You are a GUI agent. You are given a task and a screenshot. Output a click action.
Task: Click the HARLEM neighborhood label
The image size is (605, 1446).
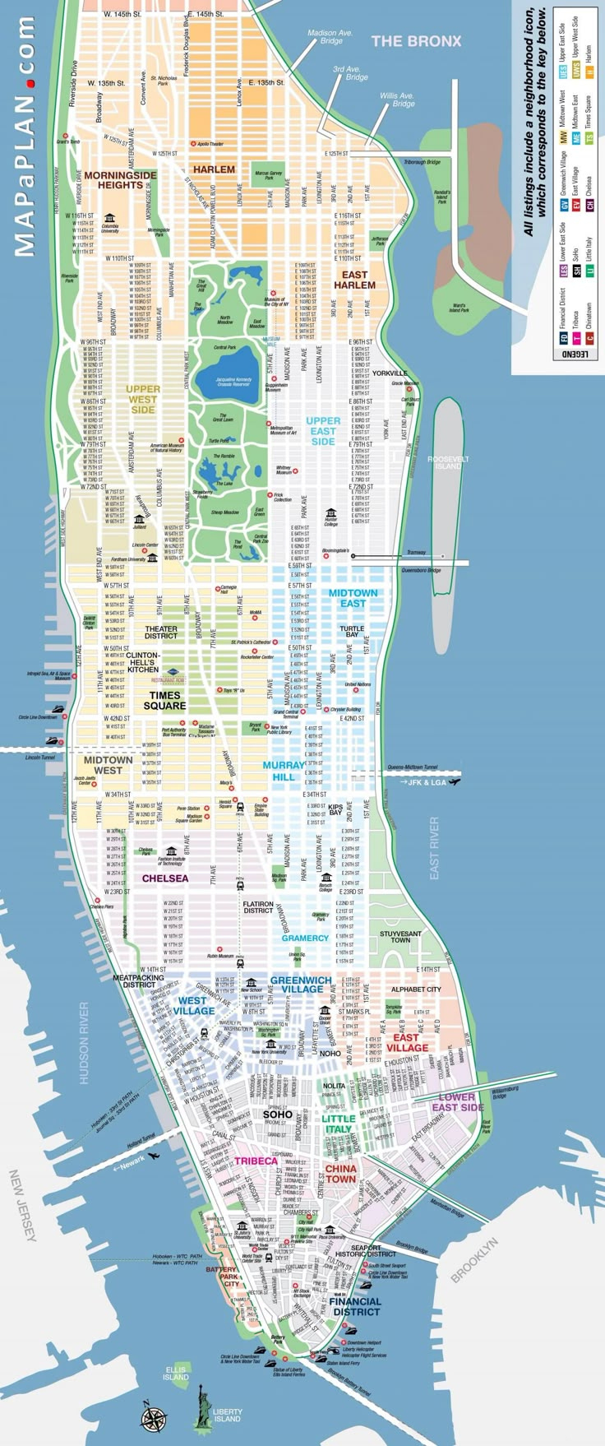click(214, 169)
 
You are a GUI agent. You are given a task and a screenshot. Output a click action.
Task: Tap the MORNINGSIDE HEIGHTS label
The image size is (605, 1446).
click(120, 180)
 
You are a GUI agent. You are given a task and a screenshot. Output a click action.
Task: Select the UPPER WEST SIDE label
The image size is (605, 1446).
click(142, 399)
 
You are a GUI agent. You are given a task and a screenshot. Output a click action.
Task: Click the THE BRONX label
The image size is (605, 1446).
click(416, 40)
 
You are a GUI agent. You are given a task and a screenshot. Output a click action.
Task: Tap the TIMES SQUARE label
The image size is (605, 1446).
click(165, 700)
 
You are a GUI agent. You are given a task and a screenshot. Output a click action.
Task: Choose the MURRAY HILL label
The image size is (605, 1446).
click(284, 771)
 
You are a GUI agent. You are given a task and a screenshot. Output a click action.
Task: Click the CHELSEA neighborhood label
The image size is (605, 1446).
click(165, 878)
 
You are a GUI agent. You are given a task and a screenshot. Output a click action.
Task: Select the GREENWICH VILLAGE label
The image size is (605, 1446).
click(301, 985)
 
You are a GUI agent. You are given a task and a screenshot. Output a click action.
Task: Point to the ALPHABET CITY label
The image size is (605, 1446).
click(416, 989)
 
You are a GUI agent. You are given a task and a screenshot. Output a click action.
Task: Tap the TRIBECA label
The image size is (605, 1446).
click(256, 1161)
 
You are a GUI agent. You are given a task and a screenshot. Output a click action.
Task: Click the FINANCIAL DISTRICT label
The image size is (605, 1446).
click(356, 1306)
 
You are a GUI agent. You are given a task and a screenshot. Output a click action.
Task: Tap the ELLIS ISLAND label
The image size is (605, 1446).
click(175, 1374)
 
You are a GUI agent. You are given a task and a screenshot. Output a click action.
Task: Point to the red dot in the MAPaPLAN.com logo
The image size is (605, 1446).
click(31, 83)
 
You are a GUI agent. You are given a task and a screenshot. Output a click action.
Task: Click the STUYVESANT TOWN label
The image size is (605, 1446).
click(400, 937)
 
